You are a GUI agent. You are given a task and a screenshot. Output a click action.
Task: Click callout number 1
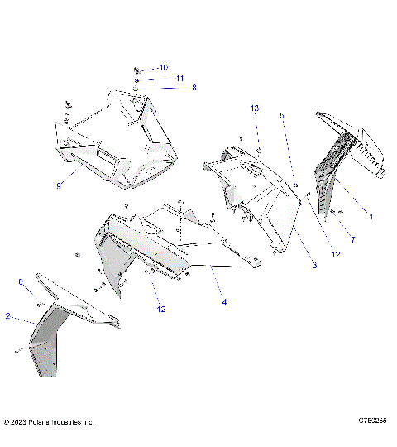371,216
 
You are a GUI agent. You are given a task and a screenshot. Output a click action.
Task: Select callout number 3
314,265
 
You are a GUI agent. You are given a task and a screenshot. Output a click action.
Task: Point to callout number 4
223,303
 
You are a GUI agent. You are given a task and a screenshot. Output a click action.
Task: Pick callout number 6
21,281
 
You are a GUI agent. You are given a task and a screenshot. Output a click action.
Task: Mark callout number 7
353,239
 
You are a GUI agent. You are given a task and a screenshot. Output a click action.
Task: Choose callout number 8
194,87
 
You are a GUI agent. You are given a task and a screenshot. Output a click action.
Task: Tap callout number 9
59,186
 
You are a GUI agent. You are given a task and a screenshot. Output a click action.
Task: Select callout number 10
163,67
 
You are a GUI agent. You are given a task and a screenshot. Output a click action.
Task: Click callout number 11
179,78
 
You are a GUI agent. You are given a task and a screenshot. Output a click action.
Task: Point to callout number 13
255,108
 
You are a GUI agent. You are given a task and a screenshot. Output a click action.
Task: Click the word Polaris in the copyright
41,422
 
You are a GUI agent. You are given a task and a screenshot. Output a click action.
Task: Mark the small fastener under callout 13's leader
258,151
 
